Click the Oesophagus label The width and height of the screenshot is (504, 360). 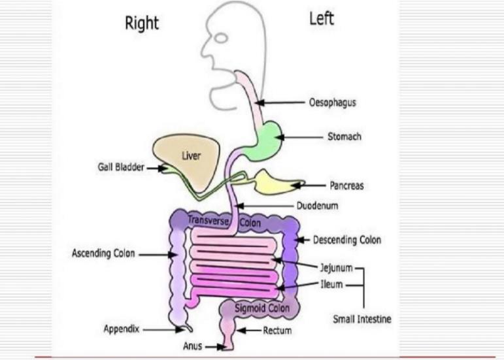pos(332,103)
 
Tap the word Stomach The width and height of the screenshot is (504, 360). pos(344,137)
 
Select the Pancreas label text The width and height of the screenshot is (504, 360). pos(345,186)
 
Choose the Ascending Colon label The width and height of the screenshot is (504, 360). pos(103,254)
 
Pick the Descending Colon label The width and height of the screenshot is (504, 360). pos(346,240)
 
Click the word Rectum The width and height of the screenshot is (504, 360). pos(277,331)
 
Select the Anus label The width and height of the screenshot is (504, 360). pos(192,346)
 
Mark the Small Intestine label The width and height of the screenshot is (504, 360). pos(361,319)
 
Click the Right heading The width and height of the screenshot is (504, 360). pos(142,24)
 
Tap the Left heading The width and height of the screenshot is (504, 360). pos(322,19)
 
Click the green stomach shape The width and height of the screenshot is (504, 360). pos(267,138)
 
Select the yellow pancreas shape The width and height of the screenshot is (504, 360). pos(275,182)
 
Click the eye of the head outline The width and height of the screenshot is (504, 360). pos(222,38)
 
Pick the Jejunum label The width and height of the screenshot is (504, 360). pos(336,268)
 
